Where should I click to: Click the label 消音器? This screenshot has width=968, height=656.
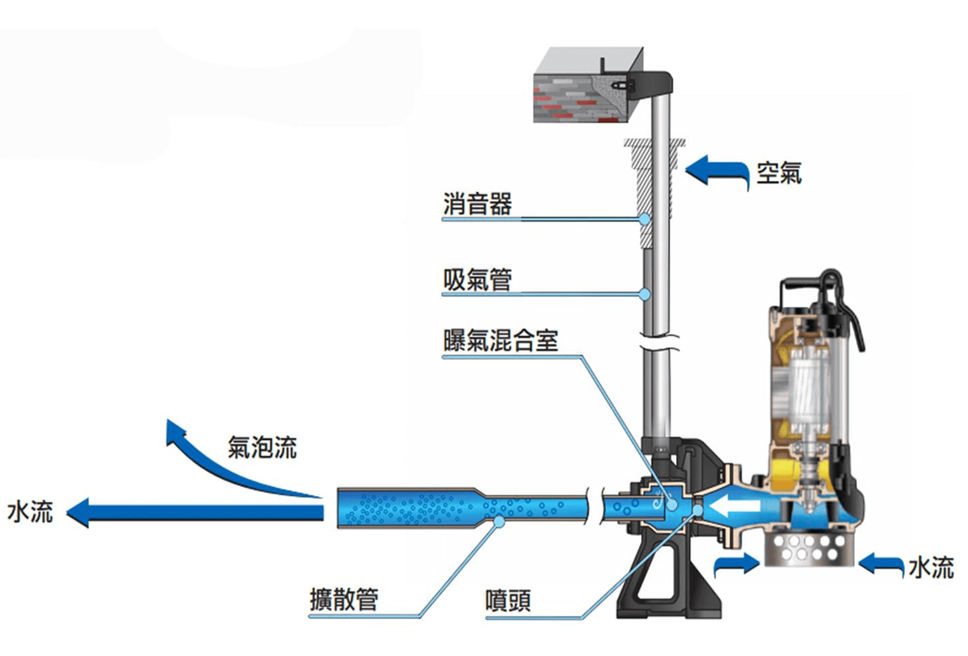point(477,204)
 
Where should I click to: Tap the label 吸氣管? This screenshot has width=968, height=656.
point(477,279)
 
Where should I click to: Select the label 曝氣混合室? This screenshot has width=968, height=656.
point(500,340)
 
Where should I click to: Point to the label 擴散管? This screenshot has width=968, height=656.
point(344,599)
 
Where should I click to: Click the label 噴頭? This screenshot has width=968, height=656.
point(508,600)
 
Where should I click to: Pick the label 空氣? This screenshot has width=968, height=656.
point(778,173)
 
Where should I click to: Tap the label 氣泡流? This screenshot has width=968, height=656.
point(262,447)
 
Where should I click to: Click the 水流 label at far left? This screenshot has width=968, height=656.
point(29,512)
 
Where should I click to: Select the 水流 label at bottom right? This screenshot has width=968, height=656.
point(930,568)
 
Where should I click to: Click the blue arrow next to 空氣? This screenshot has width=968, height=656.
point(715,170)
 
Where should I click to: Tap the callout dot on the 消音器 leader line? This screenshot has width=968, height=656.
point(644,218)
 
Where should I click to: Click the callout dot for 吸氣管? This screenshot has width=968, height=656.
point(644,293)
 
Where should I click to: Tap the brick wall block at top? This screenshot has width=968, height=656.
point(583,94)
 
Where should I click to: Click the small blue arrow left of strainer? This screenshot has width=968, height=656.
point(737,565)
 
